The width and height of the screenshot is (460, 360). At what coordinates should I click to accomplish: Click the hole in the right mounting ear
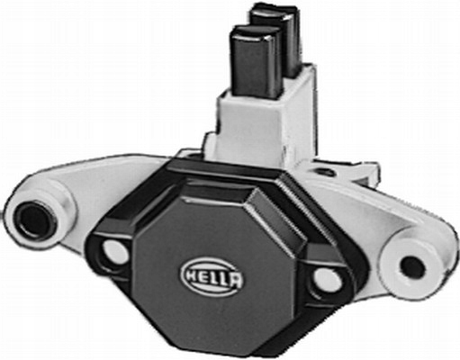(x=411, y=265)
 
